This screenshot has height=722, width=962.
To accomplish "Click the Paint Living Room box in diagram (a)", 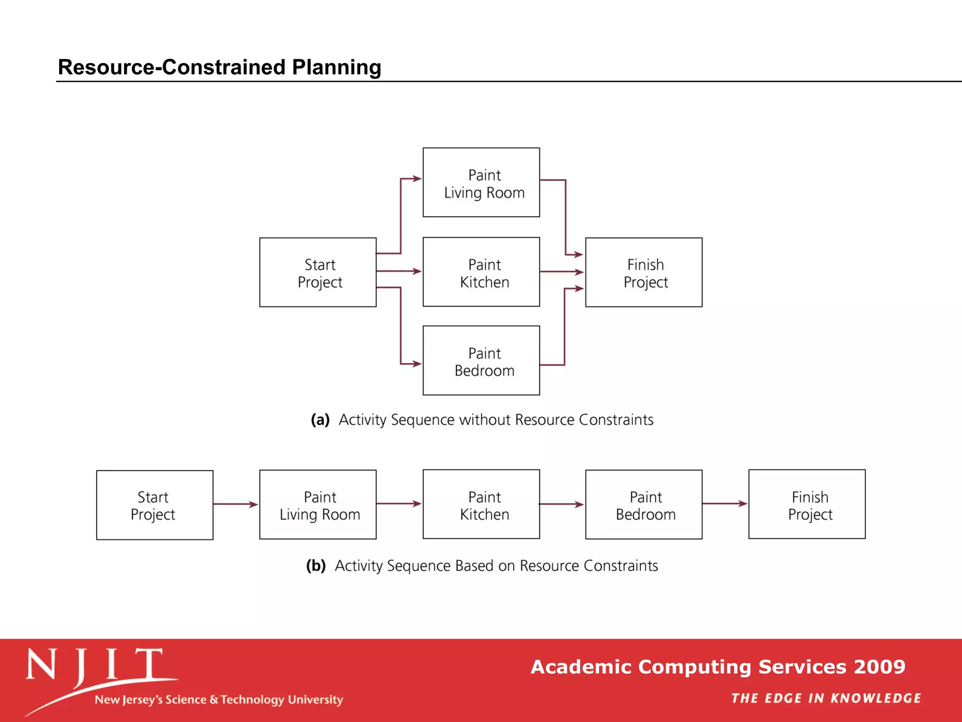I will [481, 182].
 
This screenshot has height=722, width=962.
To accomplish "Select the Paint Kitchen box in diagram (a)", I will [481, 272].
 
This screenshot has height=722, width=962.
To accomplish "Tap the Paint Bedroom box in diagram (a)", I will [481, 361].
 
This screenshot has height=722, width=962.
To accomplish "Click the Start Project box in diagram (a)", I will [318, 272].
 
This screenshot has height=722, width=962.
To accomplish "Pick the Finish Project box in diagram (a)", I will [644, 272].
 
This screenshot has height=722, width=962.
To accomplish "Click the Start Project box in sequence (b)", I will [155, 505].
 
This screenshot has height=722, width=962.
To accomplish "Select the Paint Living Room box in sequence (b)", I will [318, 504].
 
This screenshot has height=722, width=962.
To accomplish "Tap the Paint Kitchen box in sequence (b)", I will [481, 504].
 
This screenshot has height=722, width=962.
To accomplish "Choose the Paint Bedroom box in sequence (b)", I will [644, 504].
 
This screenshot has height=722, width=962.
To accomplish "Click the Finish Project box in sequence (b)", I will [807, 504].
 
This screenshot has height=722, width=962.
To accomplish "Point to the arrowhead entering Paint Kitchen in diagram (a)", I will [417, 271].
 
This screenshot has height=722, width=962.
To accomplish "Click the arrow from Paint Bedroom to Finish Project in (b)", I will [725, 504].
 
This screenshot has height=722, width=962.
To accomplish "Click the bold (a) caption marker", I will [320, 420].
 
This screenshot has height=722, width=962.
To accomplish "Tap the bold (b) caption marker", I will [316, 565].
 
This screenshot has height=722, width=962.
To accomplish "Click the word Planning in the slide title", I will [336, 67].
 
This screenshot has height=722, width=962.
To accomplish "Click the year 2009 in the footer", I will [879, 667].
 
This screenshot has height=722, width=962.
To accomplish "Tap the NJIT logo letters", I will [94, 665].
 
